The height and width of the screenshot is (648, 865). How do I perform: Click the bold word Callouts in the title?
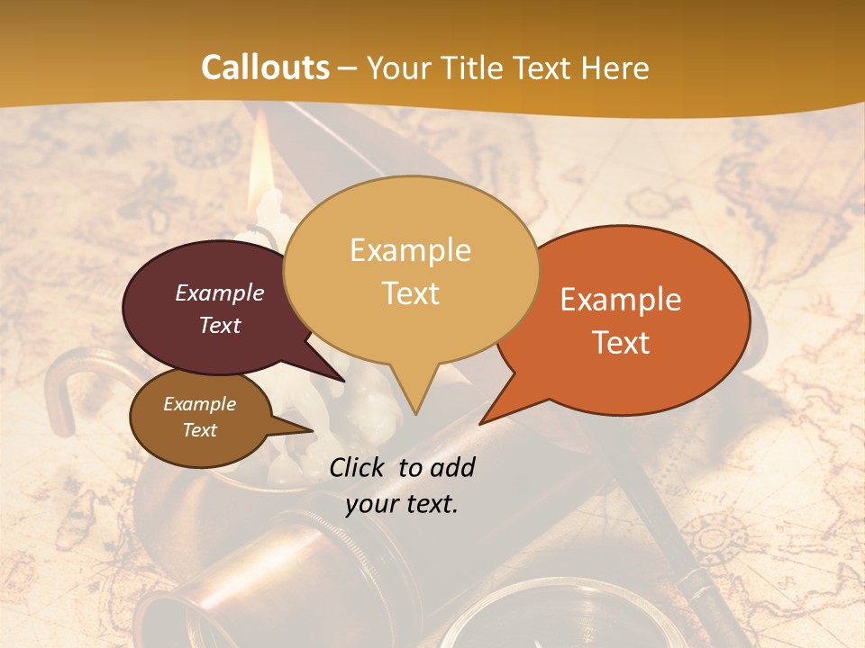click(x=265, y=68)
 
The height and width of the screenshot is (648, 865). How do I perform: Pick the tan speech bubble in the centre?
click(x=411, y=270)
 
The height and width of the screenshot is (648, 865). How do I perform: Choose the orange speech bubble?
click(x=631, y=319)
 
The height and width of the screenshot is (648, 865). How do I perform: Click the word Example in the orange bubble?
click(x=621, y=301)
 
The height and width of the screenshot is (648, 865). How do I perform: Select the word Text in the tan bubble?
click(x=411, y=293)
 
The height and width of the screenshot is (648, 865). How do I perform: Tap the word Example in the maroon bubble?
click(x=220, y=293)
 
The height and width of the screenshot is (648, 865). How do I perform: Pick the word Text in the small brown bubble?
click(x=200, y=430)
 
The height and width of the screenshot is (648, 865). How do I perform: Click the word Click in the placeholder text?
click(x=359, y=467)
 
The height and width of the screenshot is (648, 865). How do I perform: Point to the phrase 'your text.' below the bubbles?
click(x=402, y=504)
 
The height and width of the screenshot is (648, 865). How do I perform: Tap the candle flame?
click(x=260, y=158)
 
